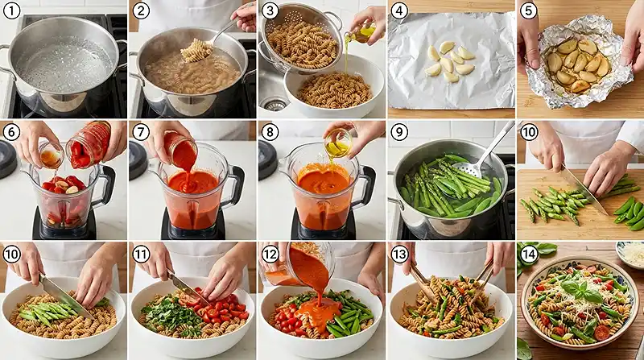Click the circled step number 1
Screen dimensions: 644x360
click(x=11, y=10)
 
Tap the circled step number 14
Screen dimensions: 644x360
click(x=529, y=254)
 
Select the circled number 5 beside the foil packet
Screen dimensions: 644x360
click(x=529, y=10)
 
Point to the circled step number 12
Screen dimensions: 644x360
click(x=270, y=254)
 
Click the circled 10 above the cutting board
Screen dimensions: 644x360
click(x=529, y=132)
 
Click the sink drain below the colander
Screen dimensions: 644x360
click(x=275, y=105)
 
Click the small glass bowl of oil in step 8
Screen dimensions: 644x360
click(x=337, y=143)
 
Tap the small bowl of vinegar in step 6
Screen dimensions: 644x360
click(x=51, y=155)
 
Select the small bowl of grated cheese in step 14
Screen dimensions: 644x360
click(x=631, y=253)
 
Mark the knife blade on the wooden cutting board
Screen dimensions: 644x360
click(x=584, y=192)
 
